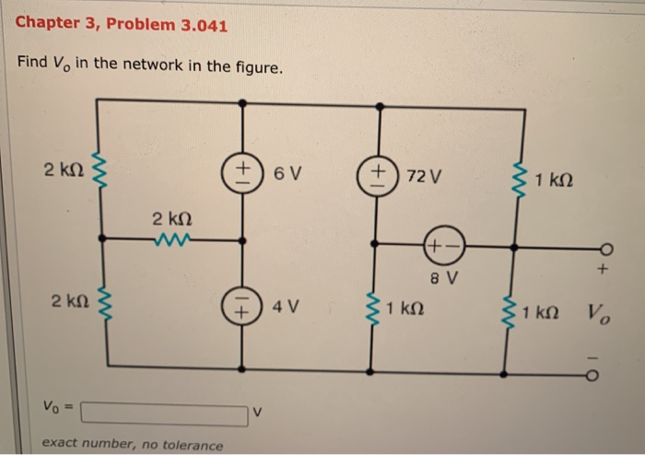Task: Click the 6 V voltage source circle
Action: [241, 172]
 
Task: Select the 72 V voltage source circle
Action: [377, 173]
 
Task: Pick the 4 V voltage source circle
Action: [242, 306]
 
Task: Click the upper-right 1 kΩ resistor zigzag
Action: [523, 177]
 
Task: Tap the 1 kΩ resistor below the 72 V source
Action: [371, 309]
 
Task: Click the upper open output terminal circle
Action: [604, 248]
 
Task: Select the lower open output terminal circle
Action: [604, 375]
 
